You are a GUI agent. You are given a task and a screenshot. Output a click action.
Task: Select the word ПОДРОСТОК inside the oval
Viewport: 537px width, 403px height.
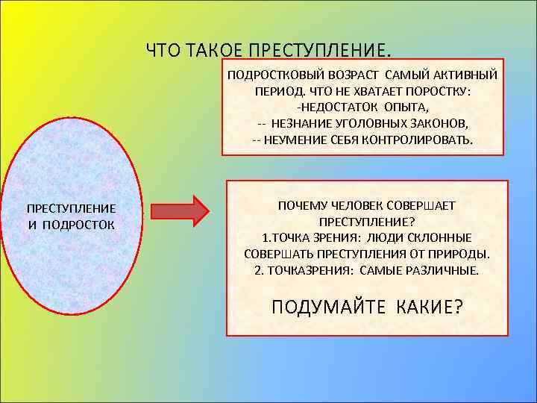click(78, 224)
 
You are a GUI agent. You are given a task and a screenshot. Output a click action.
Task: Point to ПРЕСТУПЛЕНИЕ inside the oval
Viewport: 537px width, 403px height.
click(71, 208)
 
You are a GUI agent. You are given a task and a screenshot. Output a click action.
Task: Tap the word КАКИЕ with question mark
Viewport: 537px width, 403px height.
click(425, 307)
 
